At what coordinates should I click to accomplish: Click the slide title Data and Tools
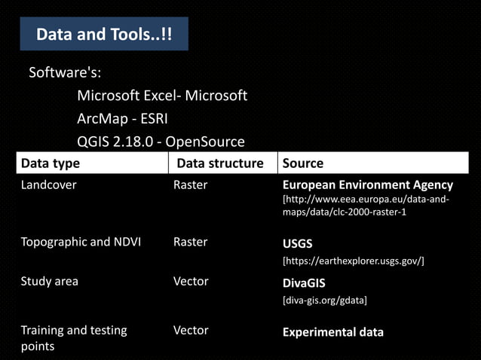point(105,35)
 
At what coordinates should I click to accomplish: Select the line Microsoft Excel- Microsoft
point(162,96)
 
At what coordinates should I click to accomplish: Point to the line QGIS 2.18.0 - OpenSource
point(161,141)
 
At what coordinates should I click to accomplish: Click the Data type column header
point(51,163)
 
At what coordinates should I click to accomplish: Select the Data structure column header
point(219,163)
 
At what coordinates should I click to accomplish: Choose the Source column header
point(302,163)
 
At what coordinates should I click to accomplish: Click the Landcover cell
point(48,185)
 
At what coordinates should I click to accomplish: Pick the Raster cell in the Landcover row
point(190,185)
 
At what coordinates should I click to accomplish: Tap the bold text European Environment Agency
point(367,185)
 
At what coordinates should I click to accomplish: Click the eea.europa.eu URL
point(366,206)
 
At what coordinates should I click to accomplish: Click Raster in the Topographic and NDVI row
point(190,242)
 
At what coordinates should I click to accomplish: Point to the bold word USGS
point(297,244)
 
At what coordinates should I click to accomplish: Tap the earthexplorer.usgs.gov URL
point(353,261)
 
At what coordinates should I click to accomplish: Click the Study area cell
point(49,281)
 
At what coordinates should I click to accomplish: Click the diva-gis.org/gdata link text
point(324,301)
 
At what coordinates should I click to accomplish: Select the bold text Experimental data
point(332,332)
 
